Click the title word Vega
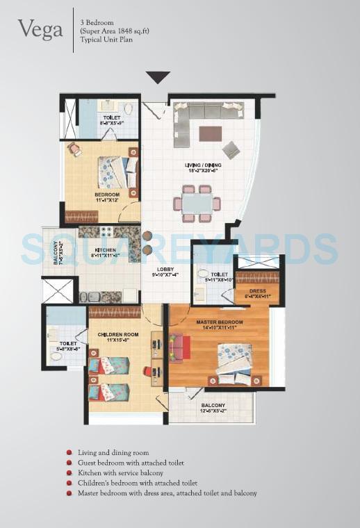pos(41,30)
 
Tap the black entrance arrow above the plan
pos(158,76)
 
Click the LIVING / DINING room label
pos(202,165)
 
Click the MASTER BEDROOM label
pos(219,323)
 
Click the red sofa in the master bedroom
pos(179,347)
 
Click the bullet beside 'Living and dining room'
pos(69,453)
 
